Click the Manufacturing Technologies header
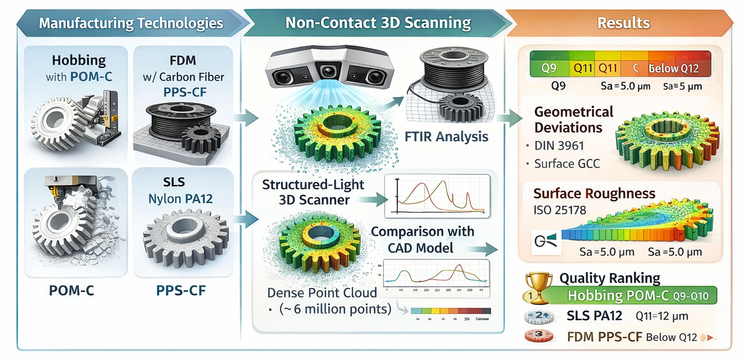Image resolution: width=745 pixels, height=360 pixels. click(x=131, y=23)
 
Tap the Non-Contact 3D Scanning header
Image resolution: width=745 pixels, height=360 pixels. click(x=378, y=23)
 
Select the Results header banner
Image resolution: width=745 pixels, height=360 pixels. click(x=623, y=23)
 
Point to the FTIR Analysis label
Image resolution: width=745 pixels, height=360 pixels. click(x=447, y=137)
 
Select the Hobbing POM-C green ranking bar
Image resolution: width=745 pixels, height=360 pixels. click(x=640, y=295)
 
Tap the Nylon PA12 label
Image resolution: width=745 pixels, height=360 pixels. click(x=181, y=198)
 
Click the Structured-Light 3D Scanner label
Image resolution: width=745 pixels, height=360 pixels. click(x=313, y=192)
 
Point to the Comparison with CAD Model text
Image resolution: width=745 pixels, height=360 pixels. click(x=422, y=239)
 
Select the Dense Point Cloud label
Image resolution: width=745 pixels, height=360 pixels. click(x=322, y=293)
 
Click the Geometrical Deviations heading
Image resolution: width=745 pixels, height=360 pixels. click(x=574, y=120)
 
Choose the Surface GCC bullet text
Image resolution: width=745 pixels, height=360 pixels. click(x=567, y=164)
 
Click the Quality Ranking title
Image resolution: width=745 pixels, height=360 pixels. click(x=610, y=278)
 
